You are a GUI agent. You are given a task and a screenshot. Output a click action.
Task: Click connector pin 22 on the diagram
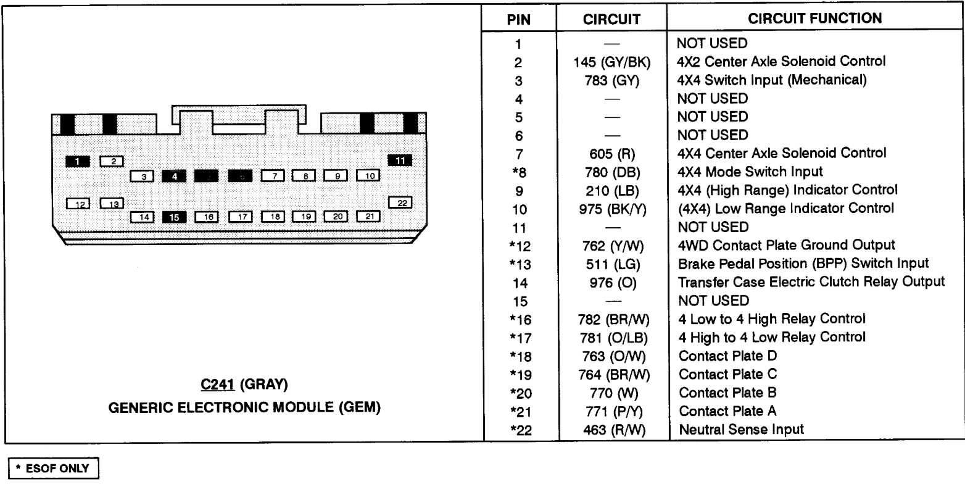401,202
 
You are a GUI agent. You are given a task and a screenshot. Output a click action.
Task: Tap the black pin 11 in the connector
400,161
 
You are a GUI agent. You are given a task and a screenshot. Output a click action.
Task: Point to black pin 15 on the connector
174,217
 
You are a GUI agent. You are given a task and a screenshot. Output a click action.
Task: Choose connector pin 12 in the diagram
79,203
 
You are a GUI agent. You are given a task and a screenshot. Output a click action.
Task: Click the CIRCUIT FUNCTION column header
814,19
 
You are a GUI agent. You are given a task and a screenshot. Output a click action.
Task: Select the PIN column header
518,19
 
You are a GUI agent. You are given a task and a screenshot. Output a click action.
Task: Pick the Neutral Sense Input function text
740,428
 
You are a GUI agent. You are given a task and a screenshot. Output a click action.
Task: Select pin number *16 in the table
518,319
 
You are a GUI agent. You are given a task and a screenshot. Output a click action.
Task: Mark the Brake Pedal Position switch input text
803,264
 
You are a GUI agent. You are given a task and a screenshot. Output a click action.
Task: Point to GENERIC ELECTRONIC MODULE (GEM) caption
244,409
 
